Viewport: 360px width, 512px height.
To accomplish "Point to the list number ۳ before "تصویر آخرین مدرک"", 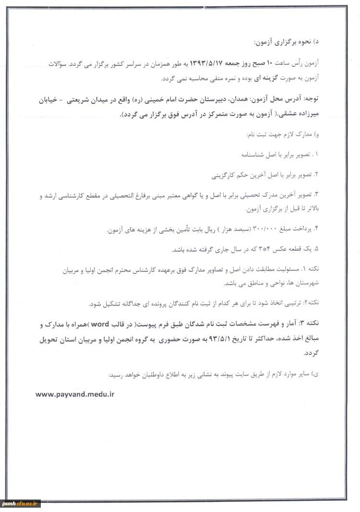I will click(x=317, y=195).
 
